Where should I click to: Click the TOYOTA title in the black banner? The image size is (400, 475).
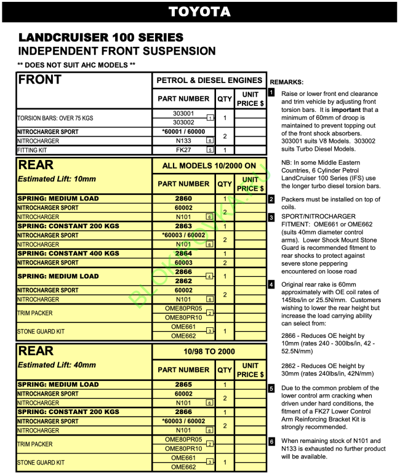point(199,12)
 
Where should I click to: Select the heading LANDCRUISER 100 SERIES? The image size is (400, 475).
point(101,38)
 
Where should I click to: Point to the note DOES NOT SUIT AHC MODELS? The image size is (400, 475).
point(76,65)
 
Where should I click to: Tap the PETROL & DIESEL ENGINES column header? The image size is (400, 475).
point(209,81)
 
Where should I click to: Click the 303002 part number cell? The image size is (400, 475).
point(183,122)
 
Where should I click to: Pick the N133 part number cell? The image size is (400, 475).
point(183,140)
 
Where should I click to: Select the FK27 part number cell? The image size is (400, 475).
point(183,150)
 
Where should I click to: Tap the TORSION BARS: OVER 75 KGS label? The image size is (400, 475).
point(55,118)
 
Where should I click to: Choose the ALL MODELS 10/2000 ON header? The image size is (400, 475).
point(209,166)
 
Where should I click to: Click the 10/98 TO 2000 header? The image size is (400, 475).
point(209,351)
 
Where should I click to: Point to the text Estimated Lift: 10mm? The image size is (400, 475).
point(57,179)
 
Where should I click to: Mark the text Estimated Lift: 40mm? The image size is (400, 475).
point(57,365)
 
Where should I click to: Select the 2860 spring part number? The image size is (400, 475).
point(183,199)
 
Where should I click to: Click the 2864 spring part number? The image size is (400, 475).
point(183,253)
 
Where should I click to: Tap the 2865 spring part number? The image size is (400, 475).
point(183,385)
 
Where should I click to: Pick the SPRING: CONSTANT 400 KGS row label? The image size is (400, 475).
point(68,253)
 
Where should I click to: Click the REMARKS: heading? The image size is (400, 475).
point(286,82)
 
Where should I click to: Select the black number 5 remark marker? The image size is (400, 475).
point(271,388)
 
